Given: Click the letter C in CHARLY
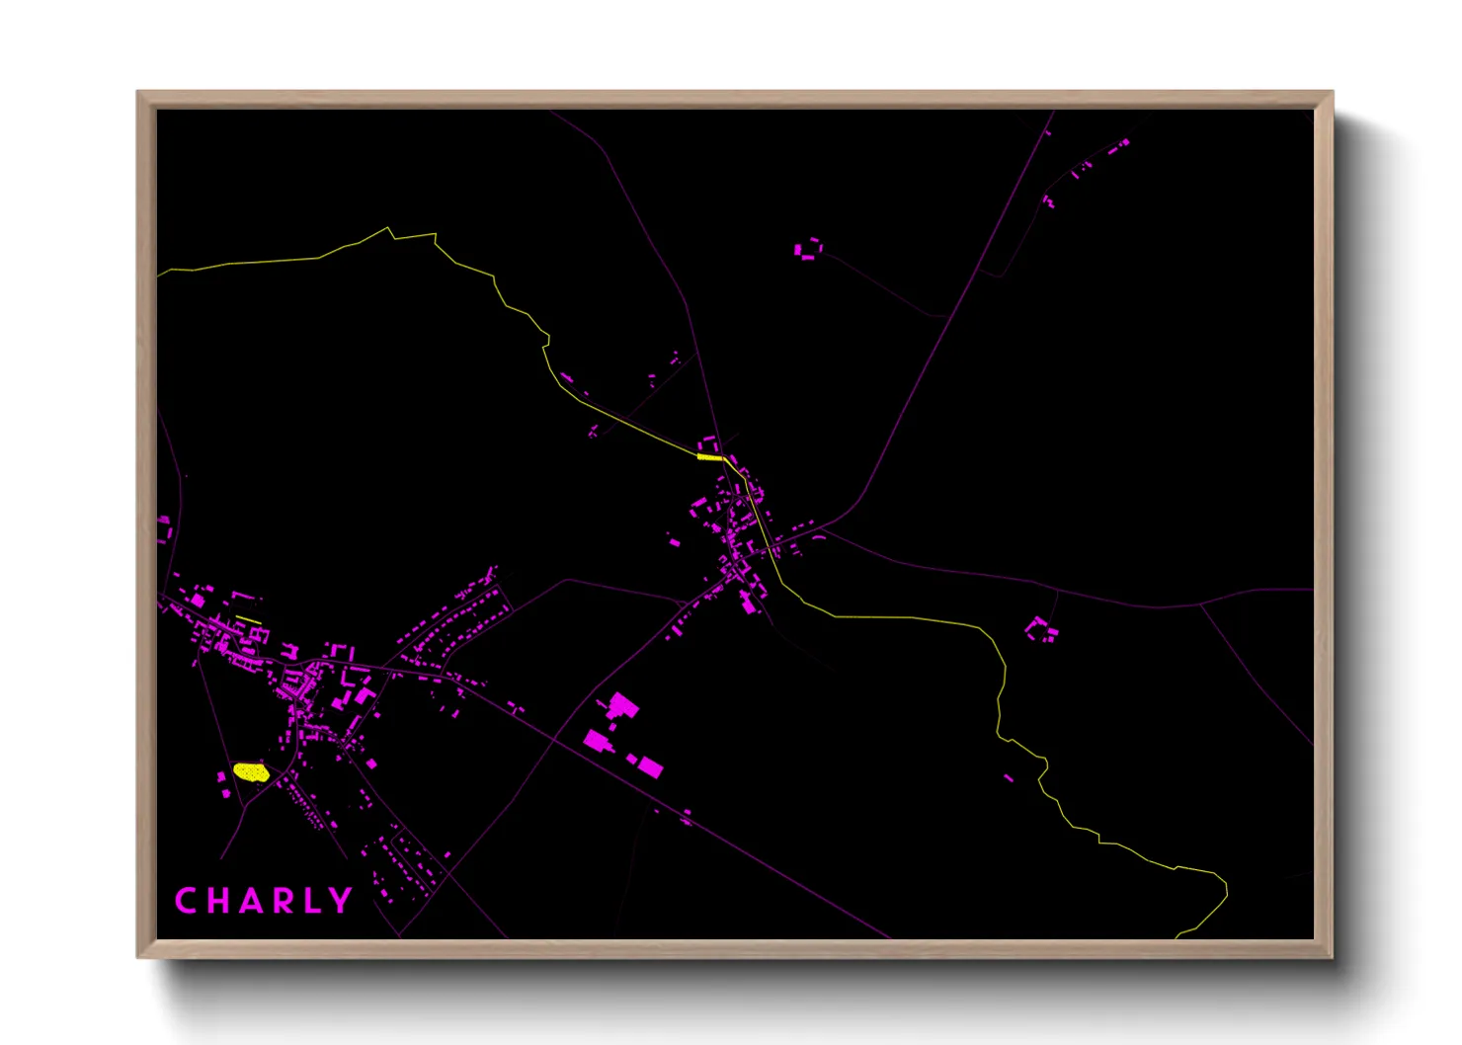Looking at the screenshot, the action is tap(186, 901).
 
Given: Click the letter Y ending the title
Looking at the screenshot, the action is tap(341, 901).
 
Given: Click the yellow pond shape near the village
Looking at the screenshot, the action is tap(251, 771).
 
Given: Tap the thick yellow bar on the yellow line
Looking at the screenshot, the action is tap(709, 457).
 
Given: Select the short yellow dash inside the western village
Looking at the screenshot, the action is tap(248, 620).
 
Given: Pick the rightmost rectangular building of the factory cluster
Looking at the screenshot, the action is tap(649, 765).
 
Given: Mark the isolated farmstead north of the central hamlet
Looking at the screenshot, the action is tap(808, 248).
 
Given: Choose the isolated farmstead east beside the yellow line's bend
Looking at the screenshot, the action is tap(1040, 629).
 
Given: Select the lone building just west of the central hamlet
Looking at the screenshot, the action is tap(675, 541).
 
